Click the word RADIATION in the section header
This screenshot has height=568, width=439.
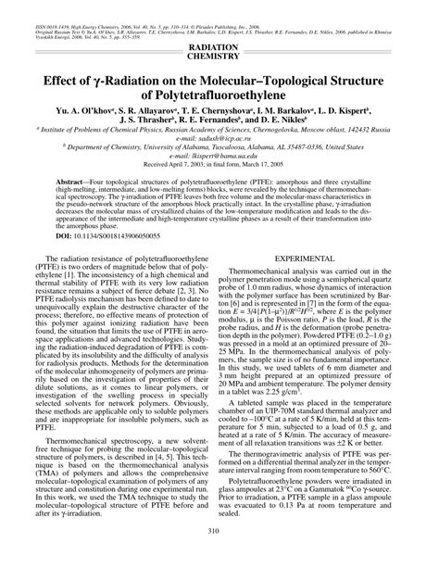[x=219, y=46]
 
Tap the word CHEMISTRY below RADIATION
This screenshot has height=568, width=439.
[x=219, y=57]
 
